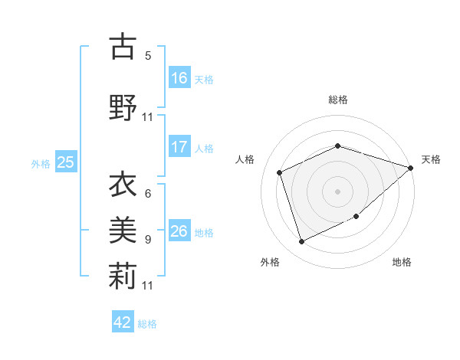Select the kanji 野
coord(123,107)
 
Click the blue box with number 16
coord(179,78)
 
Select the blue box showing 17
coord(179,147)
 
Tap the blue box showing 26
coord(179,231)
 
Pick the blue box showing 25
coord(66,162)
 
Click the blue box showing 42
coord(123,322)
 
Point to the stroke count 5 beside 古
coord(148,55)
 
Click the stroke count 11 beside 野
coord(148,117)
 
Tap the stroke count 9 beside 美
coord(148,239)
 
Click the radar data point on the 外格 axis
coord(301,242)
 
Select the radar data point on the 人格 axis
coord(280,172)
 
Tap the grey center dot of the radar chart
coord(337,191)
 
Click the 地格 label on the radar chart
coord(402,262)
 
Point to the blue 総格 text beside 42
coord(147,324)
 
